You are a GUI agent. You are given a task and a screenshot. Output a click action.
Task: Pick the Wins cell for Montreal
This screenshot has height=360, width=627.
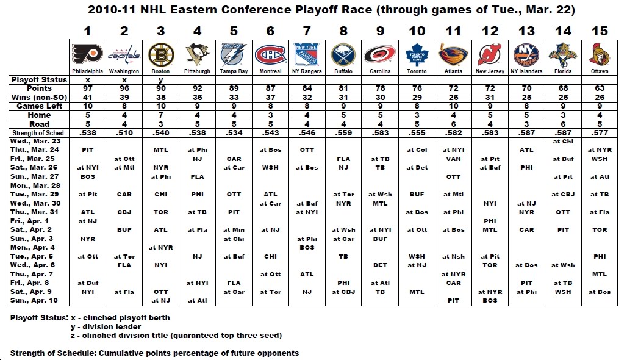(x=271, y=98)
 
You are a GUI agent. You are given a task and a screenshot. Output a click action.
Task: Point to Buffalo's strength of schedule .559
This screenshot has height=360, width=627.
(x=344, y=132)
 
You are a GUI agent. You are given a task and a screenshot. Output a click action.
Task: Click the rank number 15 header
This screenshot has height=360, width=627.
(x=600, y=31)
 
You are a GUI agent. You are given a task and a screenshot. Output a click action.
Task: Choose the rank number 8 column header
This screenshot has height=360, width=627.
(x=344, y=31)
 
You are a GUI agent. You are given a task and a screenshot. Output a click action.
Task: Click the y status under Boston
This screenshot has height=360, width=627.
(x=162, y=80)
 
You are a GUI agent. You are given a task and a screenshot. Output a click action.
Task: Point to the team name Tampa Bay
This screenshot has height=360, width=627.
(x=234, y=71)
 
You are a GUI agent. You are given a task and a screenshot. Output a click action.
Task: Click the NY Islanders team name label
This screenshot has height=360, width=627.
(x=526, y=71)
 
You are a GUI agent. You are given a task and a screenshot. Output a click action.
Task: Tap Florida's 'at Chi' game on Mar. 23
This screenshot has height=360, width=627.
(x=563, y=142)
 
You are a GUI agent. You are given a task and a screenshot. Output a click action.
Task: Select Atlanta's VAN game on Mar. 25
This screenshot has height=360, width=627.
(x=453, y=159)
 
